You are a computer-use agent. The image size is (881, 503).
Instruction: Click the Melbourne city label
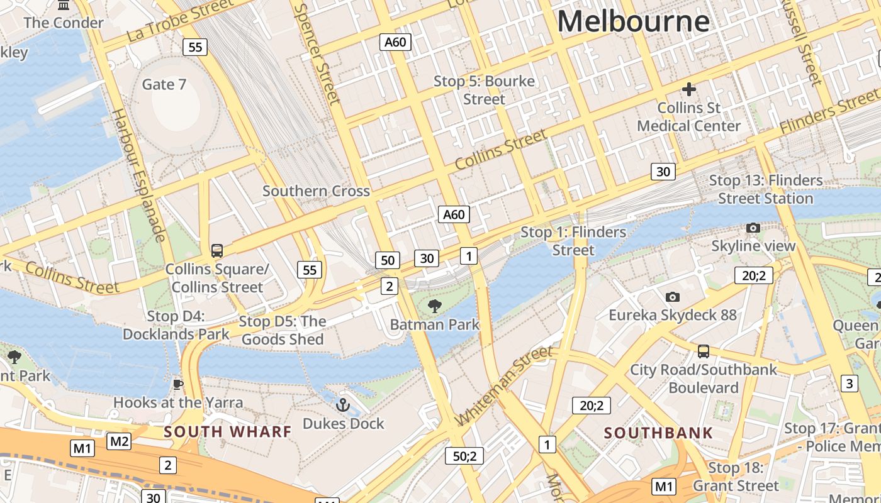(x=633, y=21)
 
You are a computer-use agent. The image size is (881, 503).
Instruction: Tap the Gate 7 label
(x=164, y=84)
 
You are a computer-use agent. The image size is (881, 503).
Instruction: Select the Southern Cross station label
(x=316, y=191)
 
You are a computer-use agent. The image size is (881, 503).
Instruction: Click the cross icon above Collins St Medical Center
(x=689, y=89)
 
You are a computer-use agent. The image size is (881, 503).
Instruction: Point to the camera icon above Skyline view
(x=753, y=228)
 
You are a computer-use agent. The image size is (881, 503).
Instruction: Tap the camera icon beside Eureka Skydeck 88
(x=673, y=297)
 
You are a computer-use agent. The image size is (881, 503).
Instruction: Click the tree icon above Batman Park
(x=434, y=306)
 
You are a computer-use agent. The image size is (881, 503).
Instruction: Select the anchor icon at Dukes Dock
(x=343, y=404)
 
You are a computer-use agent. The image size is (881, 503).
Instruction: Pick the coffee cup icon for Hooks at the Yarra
(x=178, y=384)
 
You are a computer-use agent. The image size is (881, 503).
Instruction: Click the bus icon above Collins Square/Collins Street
(x=217, y=251)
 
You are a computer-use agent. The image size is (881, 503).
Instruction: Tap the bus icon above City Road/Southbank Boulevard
(x=704, y=351)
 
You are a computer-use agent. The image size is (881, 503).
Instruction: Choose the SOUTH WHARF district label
(x=228, y=432)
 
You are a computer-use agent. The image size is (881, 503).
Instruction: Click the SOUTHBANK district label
(x=658, y=433)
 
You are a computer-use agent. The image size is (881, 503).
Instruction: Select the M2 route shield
(x=119, y=441)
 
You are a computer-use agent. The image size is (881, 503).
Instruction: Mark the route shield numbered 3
(x=850, y=383)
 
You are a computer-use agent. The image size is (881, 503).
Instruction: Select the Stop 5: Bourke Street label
(x=484, y=91)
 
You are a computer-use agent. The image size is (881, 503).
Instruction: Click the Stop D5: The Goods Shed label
(x=283, y=331)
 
